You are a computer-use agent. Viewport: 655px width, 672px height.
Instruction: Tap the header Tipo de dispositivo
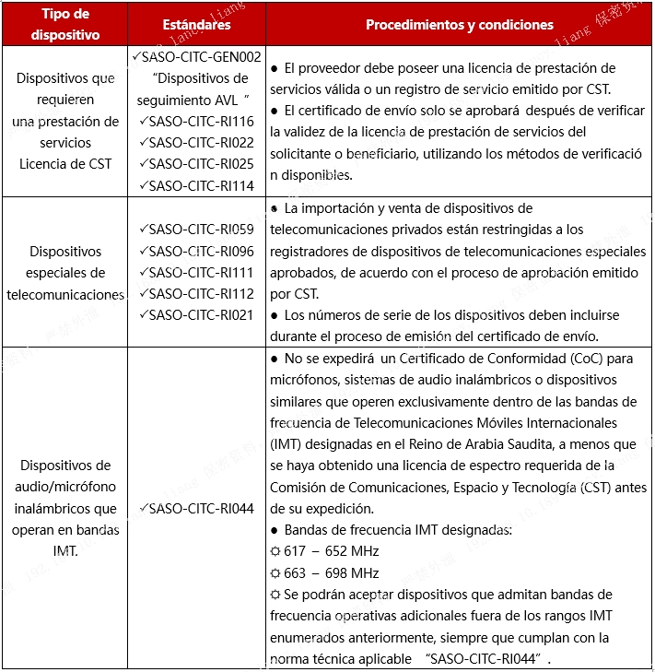(x=64, y=25)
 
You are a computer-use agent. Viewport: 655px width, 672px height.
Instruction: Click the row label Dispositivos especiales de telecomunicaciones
(x=64, y=273)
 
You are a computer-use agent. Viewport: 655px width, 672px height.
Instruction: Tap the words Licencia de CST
(x=64, y=164)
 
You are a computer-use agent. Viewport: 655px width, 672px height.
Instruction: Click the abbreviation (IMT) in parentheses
(x=287, y=444)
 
